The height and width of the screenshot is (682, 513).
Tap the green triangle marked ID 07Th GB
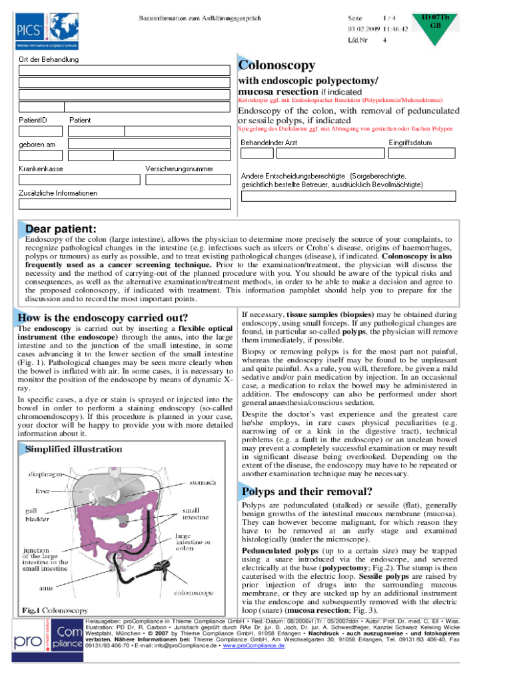point(436,27)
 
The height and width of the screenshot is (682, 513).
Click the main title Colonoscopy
point(276,66)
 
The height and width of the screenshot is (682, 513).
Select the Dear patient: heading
point(60,229)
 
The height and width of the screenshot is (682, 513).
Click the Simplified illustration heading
point(73,450)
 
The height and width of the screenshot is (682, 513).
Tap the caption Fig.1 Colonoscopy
point(55,609)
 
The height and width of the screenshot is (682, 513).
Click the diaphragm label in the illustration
point(45,475)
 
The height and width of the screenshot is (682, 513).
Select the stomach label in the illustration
point(202,482)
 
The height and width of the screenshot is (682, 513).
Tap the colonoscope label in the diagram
point(193,591)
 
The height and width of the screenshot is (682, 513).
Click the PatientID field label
point(33,120)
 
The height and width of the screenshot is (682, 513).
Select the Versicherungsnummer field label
point(179,169)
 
